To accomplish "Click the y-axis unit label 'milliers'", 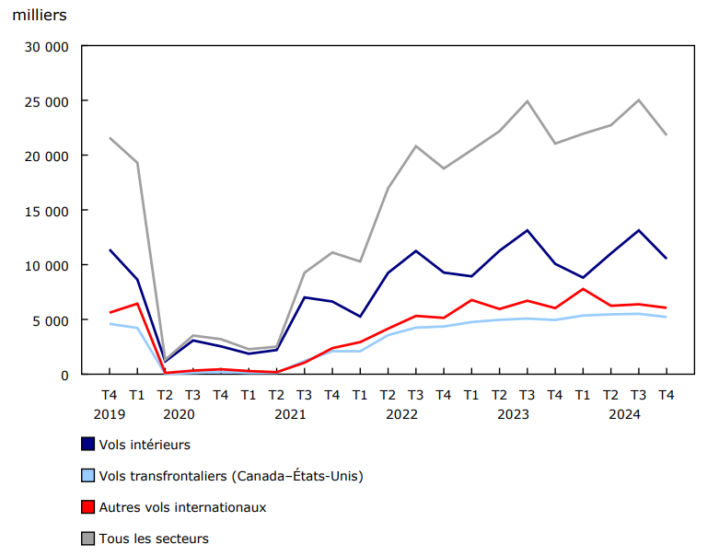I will pyautogui.click(x=39, y=16).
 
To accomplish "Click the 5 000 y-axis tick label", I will pyautogui.click(x=50, y=320).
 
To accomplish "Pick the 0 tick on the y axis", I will pyautogui.click(x=64, y=375).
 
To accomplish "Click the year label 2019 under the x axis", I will pyautogui.click(x=109, y=414).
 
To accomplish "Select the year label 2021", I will pyautogui.click(x=290, y=414).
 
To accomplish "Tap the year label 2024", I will pyautogui.click(x=624, y=414).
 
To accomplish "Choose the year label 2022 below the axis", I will pyautogui.click(x=401, y=414).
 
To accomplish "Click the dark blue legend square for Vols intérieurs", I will pyautogui.click(x=88, y=445).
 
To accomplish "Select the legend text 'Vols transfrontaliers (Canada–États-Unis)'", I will pyautogui.click(x=230, y=476).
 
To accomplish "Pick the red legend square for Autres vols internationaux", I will pyautogui.click(x=88, y=507).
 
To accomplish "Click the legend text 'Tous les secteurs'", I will pyautogui.click(x=154, y=539).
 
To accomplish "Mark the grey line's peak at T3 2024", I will pyautogui.click(x=638, y=100).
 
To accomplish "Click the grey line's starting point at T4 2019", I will pyautogui.click(x=110, y=138).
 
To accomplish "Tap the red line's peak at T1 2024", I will pyautogui.click(x=583, y=289).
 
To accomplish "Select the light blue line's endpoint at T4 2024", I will pyautogui.click(x=666, y=317).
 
